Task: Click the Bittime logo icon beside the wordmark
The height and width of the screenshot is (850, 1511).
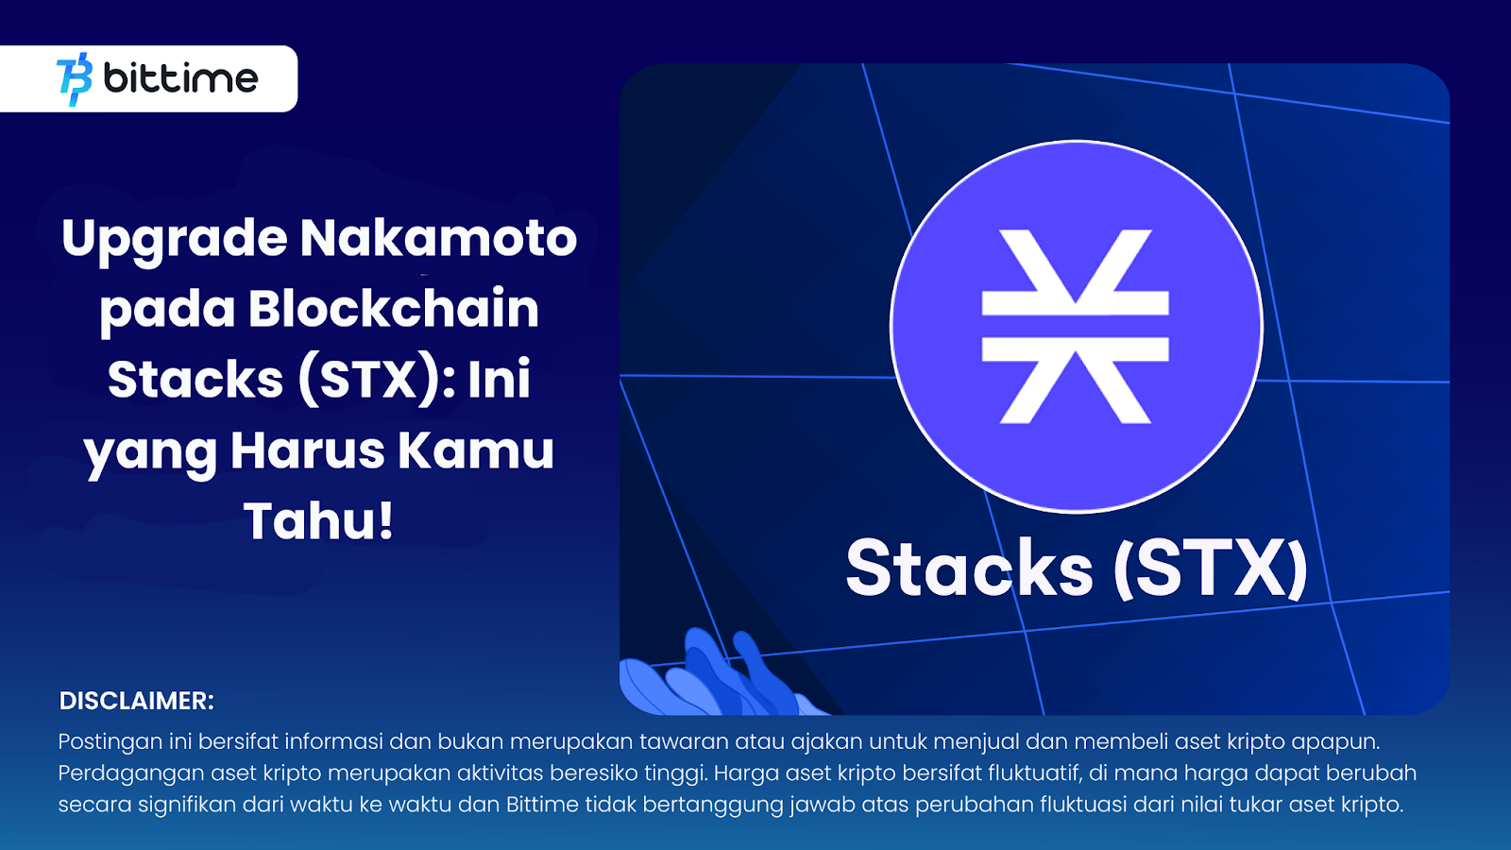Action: pos(75,79)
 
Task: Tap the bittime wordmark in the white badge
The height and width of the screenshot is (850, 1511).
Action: pos(180,78)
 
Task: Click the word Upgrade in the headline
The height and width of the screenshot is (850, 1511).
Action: pos(174,238)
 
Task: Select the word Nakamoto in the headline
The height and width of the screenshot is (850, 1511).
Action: pos(438,238)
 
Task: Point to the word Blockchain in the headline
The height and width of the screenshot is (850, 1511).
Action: pos(393,309)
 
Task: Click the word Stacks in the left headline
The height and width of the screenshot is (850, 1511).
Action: pos(195,380)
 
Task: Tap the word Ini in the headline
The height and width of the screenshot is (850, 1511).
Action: pos(499,380)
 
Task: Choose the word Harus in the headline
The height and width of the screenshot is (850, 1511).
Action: pos(307,450)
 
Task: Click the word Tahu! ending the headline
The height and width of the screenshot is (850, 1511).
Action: pos(318,521)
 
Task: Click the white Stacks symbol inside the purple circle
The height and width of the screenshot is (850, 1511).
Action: pos(1076,326)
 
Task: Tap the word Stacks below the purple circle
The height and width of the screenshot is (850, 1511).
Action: pos(969,569)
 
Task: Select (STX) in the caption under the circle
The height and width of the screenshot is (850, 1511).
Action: pos(1211,569)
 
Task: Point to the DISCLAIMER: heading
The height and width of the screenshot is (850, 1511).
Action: pos(137,701)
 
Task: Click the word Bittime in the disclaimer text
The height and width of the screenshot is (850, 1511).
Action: pos(542,805)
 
